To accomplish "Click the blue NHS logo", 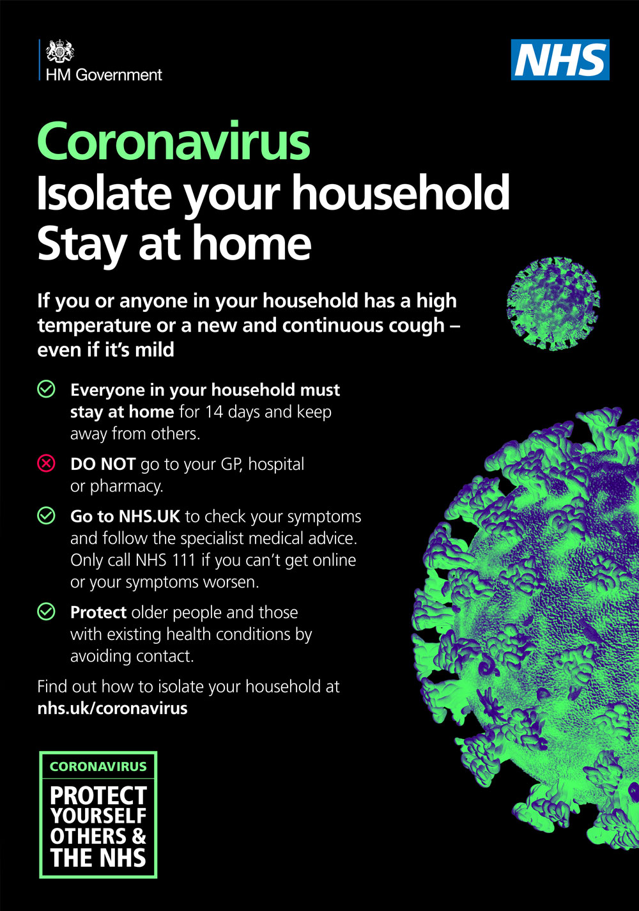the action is coord(560,59).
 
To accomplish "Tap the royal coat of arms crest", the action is coord(60,51).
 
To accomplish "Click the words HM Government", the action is coord(104,75).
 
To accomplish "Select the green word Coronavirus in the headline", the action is coord(174,141).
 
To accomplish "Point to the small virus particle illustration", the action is coord(553,304).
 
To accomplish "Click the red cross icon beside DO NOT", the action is coord(47,463).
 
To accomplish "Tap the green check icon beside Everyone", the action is coord(47,389).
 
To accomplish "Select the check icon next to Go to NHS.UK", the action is coord(47,516).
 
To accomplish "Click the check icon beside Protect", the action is coord(47,612).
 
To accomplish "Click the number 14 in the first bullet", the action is coord(214,412).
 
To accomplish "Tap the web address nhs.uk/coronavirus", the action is coord(112,708).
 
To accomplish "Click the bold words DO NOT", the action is coord(103,464).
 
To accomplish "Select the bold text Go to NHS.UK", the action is coord(125,517).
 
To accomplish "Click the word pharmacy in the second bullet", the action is coord(127,487).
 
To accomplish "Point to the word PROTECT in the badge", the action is coord(98,795).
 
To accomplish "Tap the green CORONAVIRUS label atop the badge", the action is coord(98,767).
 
